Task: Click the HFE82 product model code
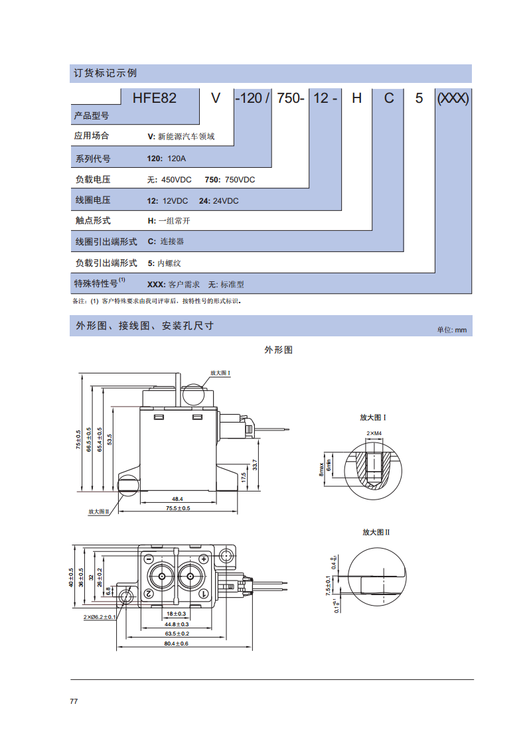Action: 155,98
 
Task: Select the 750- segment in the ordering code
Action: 290,98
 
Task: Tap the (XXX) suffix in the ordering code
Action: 453,98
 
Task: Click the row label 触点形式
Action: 93,220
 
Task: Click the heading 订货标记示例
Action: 105,73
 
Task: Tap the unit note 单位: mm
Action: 452,330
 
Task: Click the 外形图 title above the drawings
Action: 279,350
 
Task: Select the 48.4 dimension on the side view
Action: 177,499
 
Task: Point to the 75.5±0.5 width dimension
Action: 178,508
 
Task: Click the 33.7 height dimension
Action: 255,464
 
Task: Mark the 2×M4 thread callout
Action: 374,433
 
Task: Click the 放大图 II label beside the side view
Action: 99,511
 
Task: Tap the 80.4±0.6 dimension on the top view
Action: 177,643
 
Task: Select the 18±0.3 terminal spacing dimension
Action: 177,614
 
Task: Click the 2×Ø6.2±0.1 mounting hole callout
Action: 100,617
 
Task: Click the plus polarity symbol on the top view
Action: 203,559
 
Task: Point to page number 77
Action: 74,701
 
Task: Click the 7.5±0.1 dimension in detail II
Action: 328,585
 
